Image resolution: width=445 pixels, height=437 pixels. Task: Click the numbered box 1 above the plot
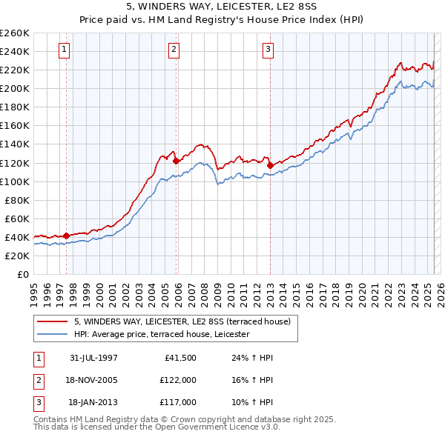(65, 50)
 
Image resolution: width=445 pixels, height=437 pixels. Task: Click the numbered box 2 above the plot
(174, 50)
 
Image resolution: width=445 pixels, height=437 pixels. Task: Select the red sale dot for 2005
(176, 161)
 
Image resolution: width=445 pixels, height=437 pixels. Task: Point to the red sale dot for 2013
(270, 165)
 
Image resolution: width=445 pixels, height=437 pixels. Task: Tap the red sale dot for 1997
(66, 236)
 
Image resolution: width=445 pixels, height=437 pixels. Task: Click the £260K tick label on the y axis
(14, 33)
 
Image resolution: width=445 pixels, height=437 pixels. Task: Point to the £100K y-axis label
(14, 181)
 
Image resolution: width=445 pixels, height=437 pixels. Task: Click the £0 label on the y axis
(22, 274)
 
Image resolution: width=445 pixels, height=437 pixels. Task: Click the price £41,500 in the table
(181, 358)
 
